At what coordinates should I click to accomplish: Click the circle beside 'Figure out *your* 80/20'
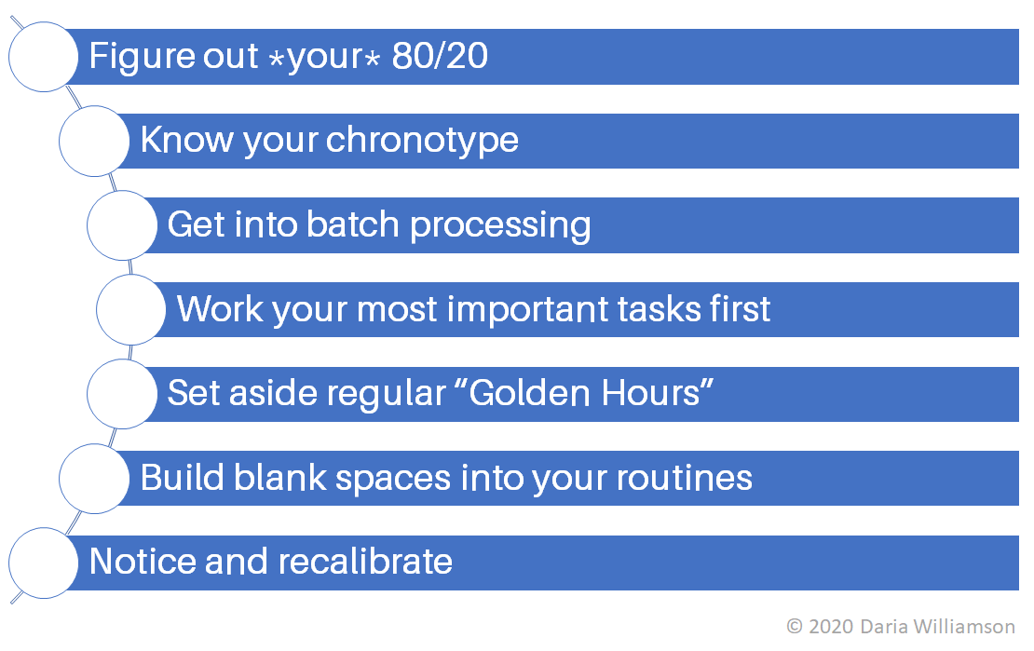point(43,57)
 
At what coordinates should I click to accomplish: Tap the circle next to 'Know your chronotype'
point(94,141)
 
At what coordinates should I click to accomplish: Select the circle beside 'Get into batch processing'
point(122,225)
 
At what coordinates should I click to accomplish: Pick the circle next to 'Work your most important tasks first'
point(131,309)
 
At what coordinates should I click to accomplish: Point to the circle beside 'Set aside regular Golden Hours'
point(122,394)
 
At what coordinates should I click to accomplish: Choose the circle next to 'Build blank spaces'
point(94,478)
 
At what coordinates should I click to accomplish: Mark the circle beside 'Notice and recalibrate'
point(43,563)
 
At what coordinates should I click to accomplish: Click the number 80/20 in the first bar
point(440,57)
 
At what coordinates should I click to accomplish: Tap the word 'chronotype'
point(422,141)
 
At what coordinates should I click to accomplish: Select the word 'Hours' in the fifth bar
point(661,393)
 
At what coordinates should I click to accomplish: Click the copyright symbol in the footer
point(795,627)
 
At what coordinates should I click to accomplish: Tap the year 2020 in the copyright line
point(829,627)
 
